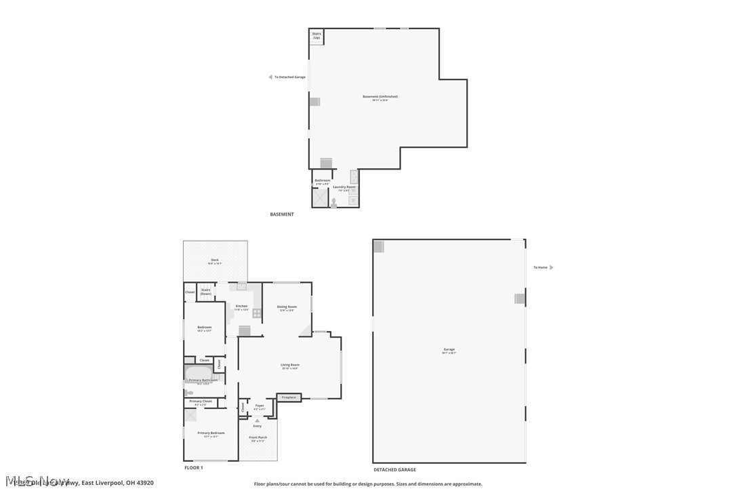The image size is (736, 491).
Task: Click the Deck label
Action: (x=214, y=260)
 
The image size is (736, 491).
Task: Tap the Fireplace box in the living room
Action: (x=289, y=397)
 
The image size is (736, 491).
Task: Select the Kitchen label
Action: (x=241, y=307)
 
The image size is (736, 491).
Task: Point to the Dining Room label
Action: (x=287, y=307)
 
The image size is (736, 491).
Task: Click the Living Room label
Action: (x=290, y=365)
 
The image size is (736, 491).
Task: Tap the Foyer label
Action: (x=260, y=406)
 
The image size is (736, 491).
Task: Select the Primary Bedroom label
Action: (x=211, y=433)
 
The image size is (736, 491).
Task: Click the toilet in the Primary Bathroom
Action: (x=189, y=393)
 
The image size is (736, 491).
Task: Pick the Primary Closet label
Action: (x=201, y=401)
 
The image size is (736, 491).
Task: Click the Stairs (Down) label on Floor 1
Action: (x=205, y=292)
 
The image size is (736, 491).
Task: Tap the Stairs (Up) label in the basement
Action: (x=316, y=35)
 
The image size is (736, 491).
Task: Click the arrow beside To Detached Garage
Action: (x=270, y=77)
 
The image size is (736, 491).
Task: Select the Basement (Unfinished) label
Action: (x=380, y=96)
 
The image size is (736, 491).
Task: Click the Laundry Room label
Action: (x=344, y=186)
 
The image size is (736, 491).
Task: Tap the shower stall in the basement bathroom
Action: (x=319, y=197)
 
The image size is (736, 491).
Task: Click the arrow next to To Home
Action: (x=551, y=267)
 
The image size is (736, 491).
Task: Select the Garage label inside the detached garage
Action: (x=449, y=349)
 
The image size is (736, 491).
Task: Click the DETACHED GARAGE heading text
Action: (x=394, y=469)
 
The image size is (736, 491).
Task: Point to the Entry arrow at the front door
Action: (x=258, y=420)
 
